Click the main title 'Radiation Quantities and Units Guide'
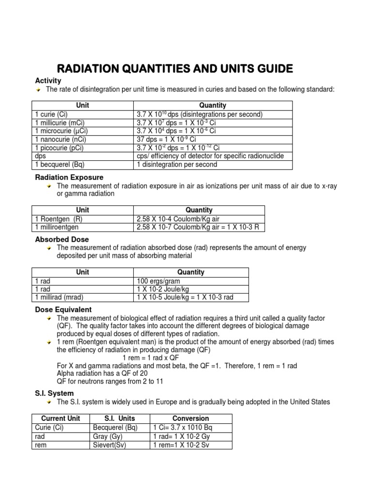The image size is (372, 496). click(175, 68)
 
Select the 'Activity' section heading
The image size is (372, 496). click(48, 81)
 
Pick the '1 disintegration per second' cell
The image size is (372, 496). click(177, 164)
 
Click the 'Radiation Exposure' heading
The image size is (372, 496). click(69, 177)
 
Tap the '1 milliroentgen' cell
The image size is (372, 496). click(57, 227)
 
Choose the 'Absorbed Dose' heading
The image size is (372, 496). click(62, 239)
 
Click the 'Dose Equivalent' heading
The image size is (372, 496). click(63, 310)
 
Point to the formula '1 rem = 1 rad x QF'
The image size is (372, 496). click(150, 358)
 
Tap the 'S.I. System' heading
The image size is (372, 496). click(54, 393)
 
